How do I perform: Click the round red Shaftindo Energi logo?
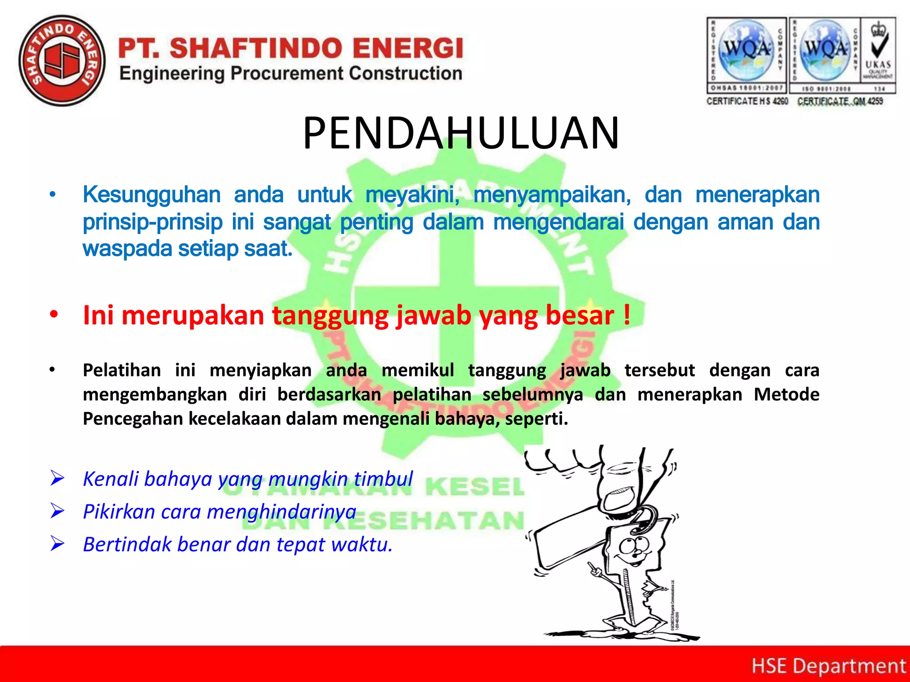click(62, 61)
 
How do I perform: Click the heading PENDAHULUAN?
click(461, 133)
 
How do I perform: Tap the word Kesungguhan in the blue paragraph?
click(152, 195)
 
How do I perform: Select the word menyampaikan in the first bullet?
click(552, 195)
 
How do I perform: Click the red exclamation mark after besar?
click(627, 314)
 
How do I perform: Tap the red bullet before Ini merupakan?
click(54, 315)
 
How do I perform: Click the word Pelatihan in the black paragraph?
click(122, 370)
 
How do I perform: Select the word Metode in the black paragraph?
click(786, 394)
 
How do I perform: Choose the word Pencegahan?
click(133, 419)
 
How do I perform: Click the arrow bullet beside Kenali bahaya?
click(58, 479)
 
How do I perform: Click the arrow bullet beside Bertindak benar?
click(58, 544)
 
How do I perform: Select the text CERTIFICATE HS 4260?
click(747, 101)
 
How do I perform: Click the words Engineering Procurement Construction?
click(291, 74)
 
